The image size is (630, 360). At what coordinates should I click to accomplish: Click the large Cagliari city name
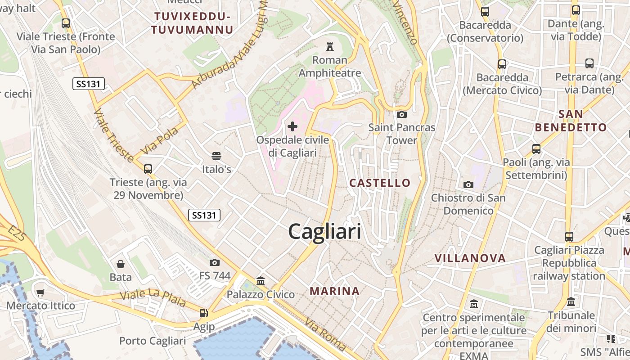click(x=324, y=232)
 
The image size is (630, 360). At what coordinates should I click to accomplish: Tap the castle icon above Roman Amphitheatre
click(x=330, y=46)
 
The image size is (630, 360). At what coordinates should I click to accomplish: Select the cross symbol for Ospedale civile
click(x=292, y=126)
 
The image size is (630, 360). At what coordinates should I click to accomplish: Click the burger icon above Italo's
click(x=216, y=156)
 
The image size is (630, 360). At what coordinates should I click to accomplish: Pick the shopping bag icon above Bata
click(x=120, y=264)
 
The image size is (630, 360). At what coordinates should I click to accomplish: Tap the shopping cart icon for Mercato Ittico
click(x=40, y=293)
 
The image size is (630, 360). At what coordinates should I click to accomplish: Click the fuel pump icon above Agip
click(x=204, y=313)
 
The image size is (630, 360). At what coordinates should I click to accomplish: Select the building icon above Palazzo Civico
click(x=261, y=281)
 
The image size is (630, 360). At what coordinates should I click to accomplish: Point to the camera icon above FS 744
click(x=215, y=262)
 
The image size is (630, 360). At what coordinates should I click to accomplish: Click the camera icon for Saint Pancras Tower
click(x=402, y=114)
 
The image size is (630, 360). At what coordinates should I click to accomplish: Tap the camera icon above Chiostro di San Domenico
click(x=468, y=184)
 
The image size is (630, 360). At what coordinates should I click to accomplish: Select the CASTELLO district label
click(x=380, y=183)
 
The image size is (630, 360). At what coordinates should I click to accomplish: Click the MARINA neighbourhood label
click(x=335, y=291)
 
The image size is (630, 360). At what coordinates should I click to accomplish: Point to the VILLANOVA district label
click(x=470, y=258)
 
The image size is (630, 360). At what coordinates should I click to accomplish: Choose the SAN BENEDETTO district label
click(x=571, y=121)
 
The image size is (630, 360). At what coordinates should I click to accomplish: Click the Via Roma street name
click(x=325, y=334)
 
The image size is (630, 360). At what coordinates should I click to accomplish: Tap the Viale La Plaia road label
click(x=153, y=297)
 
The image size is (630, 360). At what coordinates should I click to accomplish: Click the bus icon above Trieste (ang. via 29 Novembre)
click(x=148, y=169)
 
